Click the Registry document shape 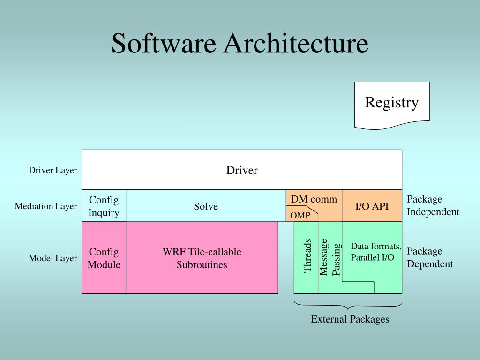pyautogui.click(x=392, y=104)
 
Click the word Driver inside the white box pyautogui.click(x=242, y=170)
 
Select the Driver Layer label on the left pyautogui.click(x=53, y=170)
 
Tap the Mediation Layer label pyautogui.click(x=46, y=206)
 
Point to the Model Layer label pyautogui.click(x=53, y=258)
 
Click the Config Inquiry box pyautogui.click(x=104, y=206)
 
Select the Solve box pyautogui.click(x=206, y=206)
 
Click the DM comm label pyautogui.click(x=314, y=199)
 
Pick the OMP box pyautogui.click(x=300, y=216)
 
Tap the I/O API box pyautogui.click(x=372, y=206)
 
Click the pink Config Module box pyautogui.click(x=104, y=258)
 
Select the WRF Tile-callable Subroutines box pyautogui.click(x=202, y=258)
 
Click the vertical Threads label pyautogui.click(x=307, y=256)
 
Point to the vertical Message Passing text pyautogui.click(x=330, y=257)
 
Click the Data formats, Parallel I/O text pyautogui.click(x=376, y=252)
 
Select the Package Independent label pyautogui.click(x=433, y=206)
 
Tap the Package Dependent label pyautogui.click(x=429, y=257)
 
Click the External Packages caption pyautogui.click(x=350, y=319)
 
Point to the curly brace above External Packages pyautogui.click(x=348, y=306)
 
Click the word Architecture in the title pyautogui.click(x=295, y=44)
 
